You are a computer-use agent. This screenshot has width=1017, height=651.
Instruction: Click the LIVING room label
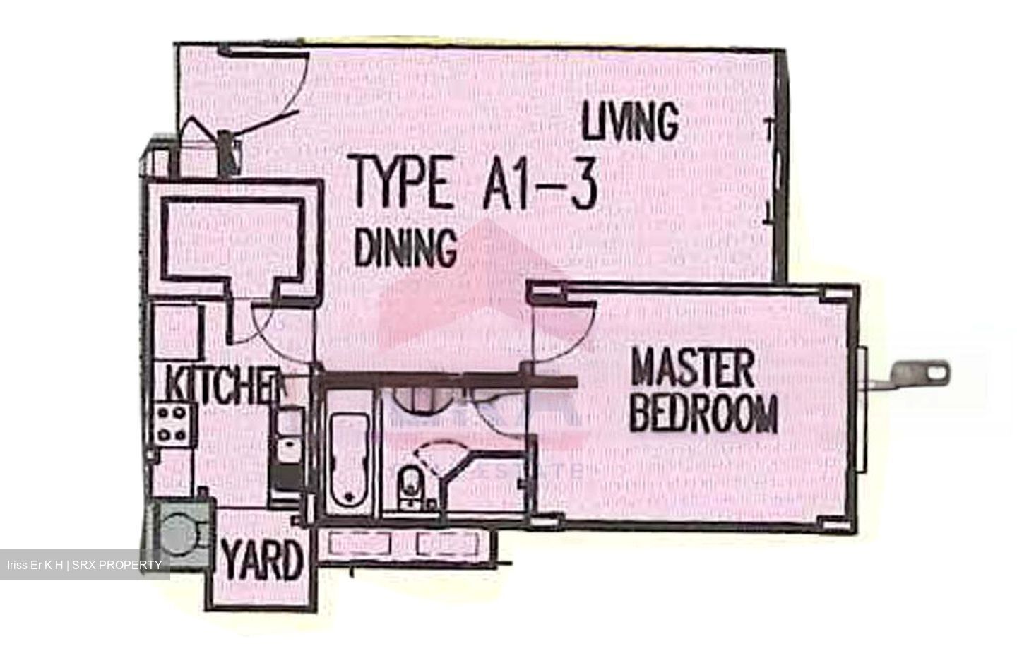pos(630,121)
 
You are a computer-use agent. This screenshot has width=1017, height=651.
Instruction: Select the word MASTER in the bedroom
pos(692,367)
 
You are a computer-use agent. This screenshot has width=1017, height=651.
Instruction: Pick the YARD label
pos(262,561)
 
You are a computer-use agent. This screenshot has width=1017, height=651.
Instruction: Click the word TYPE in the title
pos(403,184)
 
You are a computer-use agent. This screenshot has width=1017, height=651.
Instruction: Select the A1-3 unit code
pos(540,184)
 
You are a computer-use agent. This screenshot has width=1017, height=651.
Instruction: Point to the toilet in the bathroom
pos(408,486)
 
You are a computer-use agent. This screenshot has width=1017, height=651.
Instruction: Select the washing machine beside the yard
pos(181,531)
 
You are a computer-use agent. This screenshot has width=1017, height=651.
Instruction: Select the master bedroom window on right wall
pos(862,410)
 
